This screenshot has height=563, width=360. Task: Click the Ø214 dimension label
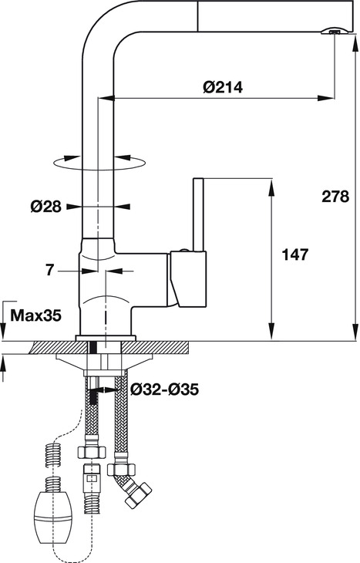point(223,87)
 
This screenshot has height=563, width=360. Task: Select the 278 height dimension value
point(335,197)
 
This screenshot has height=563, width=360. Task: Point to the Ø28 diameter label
point(45,207)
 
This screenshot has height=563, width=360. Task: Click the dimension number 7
point(50,270)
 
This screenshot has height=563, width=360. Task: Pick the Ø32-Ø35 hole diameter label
point(164,390)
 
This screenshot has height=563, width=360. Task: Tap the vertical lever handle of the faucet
point(197,216)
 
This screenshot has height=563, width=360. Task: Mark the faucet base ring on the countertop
point(106,337)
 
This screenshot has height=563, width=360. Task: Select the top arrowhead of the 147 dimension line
point(271,185)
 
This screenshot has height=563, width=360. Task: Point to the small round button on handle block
point(182,252)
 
